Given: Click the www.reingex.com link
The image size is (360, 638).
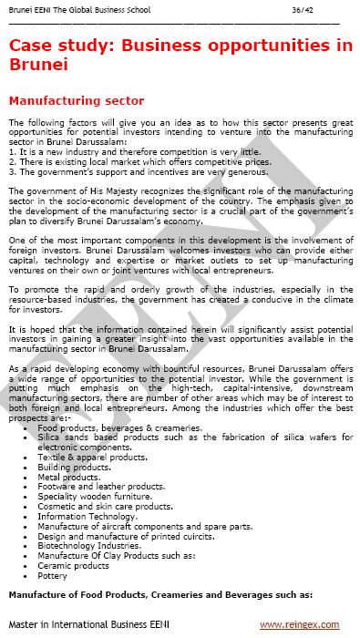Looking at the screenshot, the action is click(298, 624).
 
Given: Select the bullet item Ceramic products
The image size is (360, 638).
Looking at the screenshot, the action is click(72, 566).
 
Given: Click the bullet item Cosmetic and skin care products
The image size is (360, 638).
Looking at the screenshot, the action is click(105, 506).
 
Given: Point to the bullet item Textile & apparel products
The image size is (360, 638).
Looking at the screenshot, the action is click(92, 457).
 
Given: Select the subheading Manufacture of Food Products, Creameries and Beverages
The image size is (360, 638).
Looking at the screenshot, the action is click(159, 594).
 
